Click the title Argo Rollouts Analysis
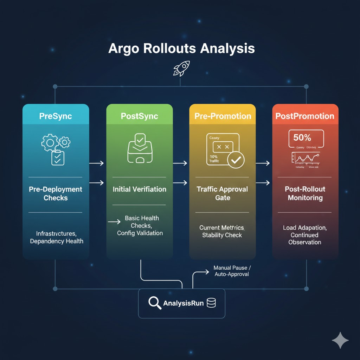point(181,49)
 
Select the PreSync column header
point(56,116)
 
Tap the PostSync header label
point(139,116)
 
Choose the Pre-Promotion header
point(222,116)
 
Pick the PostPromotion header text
point(305,116)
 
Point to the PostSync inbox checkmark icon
point(140,150)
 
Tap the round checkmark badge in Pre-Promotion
point(236,160)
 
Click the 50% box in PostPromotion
point(305,138)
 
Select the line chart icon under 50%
point(305,159)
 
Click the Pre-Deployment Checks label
point(56,193)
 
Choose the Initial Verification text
point(140,189)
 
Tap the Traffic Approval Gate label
point(223,193)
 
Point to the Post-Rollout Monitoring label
point(305,193)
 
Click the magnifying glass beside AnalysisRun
point(154,303)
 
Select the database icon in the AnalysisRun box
point(211,303)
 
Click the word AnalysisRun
point(183,303)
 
